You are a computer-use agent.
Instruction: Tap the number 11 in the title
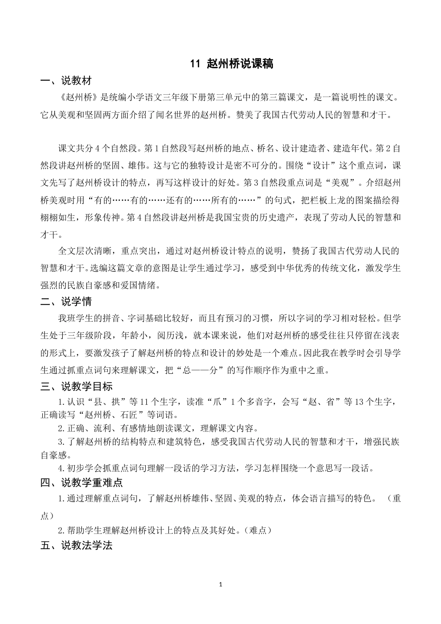pyautogui.click(x=195, y=64)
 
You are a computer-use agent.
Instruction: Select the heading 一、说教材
pyautogui.click(x=66, y=81)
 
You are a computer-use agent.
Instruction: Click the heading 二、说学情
pyautogui.click(x=66, y=302)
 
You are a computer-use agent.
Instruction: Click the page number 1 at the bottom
pyautogui.click(x=220, y=584)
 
